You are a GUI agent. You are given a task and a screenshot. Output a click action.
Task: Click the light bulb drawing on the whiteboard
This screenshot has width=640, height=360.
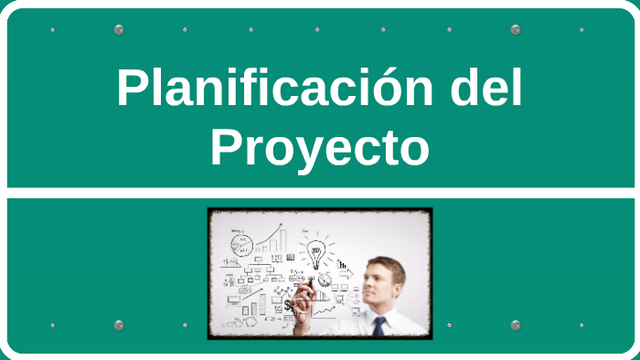(x=316, y=253)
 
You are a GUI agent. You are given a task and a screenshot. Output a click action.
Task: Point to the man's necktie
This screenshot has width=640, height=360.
(x=378, y=327)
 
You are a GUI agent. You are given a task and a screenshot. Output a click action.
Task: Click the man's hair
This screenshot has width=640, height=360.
(x=386, y=264)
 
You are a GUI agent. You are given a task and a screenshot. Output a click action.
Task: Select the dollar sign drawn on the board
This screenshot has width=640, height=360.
(x=288, y=305)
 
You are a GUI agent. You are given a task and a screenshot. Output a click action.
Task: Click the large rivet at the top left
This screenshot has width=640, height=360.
(x=119, y=30)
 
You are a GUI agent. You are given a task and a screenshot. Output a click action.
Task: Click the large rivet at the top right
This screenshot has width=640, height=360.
(x=516, y=30)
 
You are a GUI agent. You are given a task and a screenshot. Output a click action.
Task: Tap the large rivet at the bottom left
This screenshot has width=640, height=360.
(x=119, y=325)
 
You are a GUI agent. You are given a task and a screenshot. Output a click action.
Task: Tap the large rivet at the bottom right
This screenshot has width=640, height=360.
(x=516, y=325)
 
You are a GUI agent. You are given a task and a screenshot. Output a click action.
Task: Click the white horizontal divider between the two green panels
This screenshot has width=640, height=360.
(x=320, y=193)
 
